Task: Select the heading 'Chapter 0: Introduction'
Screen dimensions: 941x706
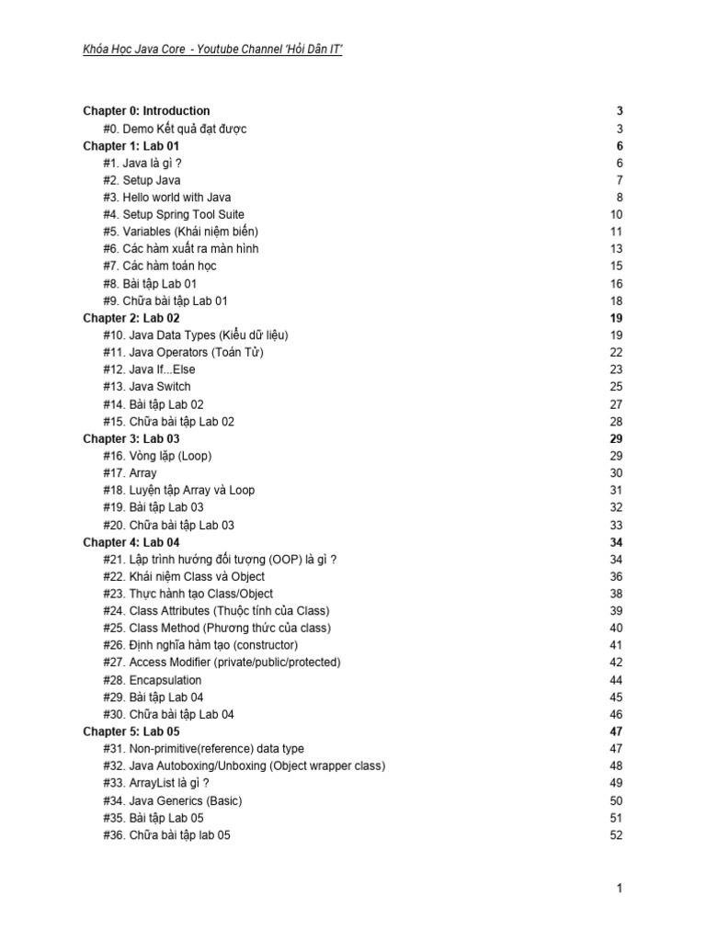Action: [x=146, y=111]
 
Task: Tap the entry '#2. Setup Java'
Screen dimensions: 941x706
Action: [x=142, y=180]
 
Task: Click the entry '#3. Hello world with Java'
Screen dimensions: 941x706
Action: [x=167, y=198]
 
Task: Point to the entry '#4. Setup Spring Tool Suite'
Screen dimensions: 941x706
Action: [x=174, y=214]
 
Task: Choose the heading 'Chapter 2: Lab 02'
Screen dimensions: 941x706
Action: [x=131, y=318]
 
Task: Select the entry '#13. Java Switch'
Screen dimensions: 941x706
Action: [x=147, y=387]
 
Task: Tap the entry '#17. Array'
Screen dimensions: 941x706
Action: [x=130, y=473]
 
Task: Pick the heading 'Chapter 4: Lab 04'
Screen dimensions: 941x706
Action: [x=131, y=542]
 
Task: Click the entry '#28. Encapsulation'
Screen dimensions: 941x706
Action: [x=153, y=680]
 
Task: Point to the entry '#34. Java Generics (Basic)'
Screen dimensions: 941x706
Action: [x=173, y=800]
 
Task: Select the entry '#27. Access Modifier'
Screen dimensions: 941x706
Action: [x=222, y=663]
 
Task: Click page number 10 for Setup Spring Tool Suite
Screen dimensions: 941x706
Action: [x=616, y=214]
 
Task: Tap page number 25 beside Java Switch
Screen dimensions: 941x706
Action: [x=616, y=387]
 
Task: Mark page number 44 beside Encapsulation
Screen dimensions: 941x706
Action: [x=616, y=680]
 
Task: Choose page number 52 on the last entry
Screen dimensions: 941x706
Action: [x=616, y=835]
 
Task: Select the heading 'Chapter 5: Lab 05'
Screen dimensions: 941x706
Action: [x=131, y=731]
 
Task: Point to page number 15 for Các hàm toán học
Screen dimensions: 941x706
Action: [x=616, y=266]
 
